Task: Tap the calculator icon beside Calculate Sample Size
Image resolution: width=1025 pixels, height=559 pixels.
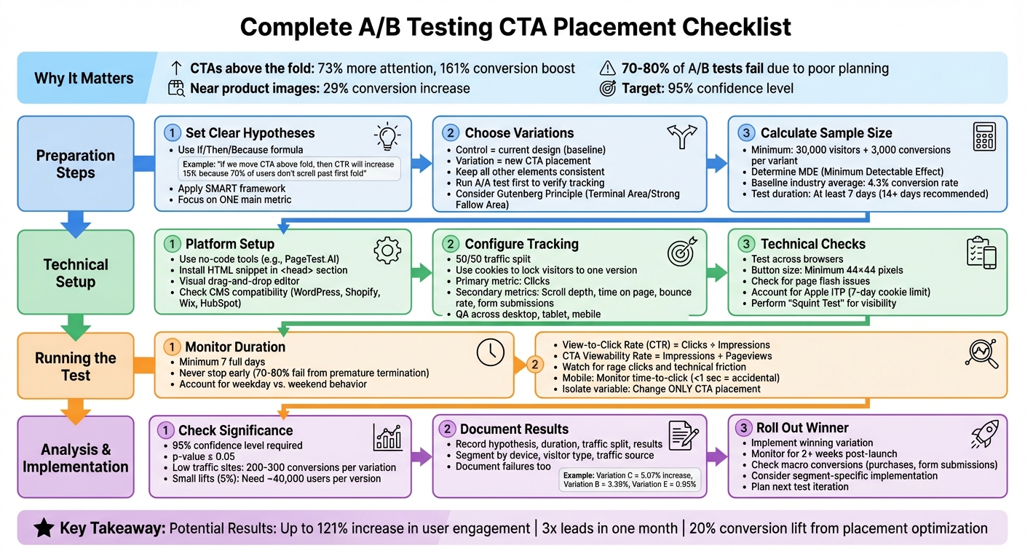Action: coord(984,136)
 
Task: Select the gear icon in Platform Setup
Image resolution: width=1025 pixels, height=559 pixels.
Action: coord(387,250)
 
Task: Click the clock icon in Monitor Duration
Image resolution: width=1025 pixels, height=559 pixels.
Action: coord(490,352)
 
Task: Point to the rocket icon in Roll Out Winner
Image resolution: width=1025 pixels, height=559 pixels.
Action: coord(984,435)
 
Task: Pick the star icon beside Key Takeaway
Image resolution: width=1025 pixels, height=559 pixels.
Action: coord(44,528)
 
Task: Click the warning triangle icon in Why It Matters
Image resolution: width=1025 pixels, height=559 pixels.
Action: coord(607,68)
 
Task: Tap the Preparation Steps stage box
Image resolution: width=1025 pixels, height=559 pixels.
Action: coord(76,164)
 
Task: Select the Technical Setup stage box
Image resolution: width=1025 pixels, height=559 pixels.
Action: coord(76,273)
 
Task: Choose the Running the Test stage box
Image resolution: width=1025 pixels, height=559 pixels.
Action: coord(76,366)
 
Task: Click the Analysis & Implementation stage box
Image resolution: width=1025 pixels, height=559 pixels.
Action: coord(76,458)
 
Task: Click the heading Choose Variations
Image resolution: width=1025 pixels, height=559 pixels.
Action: coord(519,133)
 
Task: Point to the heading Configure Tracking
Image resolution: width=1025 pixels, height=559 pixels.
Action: coord(521,244)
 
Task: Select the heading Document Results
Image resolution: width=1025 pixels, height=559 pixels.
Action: coord(514,429)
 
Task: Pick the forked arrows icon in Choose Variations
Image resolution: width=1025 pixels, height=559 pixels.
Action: coord(681,136)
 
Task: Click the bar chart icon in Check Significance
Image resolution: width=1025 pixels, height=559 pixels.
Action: coord(387,437)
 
